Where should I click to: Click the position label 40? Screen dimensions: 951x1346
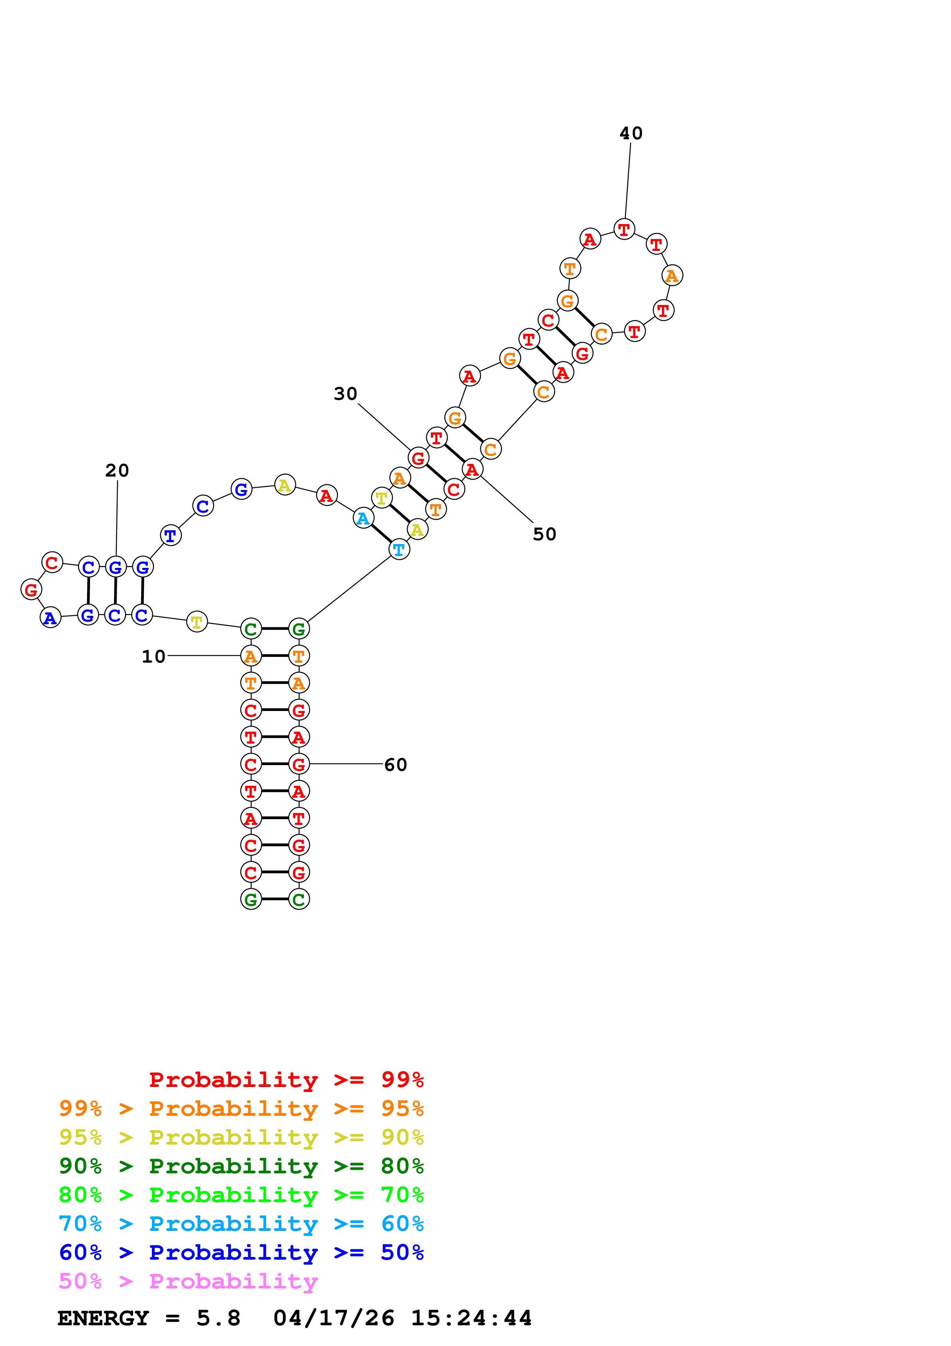(631, 134)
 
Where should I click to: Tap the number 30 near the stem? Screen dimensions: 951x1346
(345, 394)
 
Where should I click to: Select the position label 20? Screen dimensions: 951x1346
(117, 470)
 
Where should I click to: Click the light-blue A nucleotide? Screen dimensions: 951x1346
(363, 518)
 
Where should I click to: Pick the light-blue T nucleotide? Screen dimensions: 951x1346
(399, 549)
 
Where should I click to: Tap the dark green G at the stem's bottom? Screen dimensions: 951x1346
(251, 899)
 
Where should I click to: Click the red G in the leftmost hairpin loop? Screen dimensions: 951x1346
(31, 589)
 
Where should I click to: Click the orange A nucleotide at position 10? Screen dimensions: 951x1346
(251, 656)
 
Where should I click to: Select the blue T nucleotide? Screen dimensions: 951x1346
(170, 535)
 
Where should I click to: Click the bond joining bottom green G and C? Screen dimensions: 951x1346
(275, 899)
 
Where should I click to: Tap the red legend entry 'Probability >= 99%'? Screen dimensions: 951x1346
(286, 1080)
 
